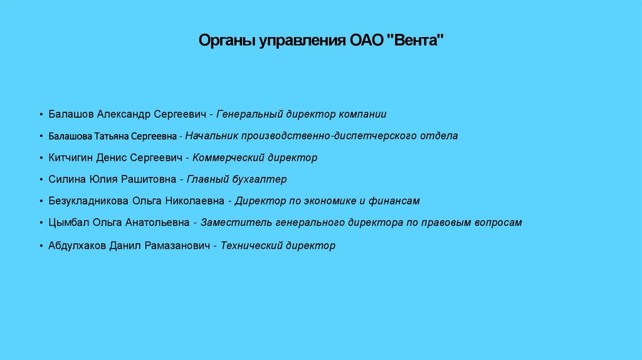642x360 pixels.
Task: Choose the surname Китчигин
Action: click(x=70, y=157)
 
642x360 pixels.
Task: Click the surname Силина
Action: click(x=64, y=179)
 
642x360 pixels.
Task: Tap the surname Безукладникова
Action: click(x=88, y=201)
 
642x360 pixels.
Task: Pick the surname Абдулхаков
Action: click(x=76, y=246)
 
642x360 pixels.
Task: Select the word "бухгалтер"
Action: click(x=259, y=179)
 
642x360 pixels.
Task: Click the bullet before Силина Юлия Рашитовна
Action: click(x=41, y=180)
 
